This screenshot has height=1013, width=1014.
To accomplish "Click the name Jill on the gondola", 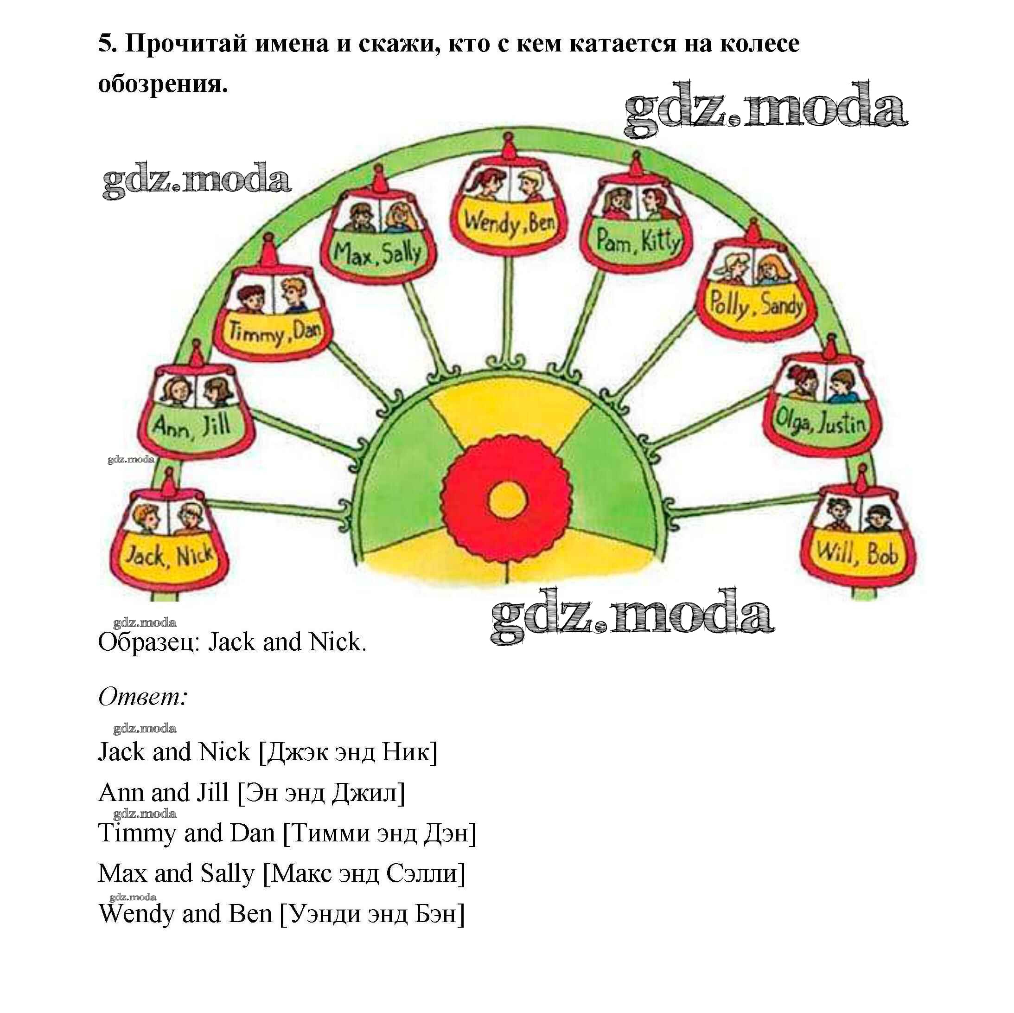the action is [216, 424].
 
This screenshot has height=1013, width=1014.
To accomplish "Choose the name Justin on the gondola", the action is [843, 422].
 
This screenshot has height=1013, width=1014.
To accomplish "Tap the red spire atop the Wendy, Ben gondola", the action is [508, 146].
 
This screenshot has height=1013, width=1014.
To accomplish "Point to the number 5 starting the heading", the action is [107, 44].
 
